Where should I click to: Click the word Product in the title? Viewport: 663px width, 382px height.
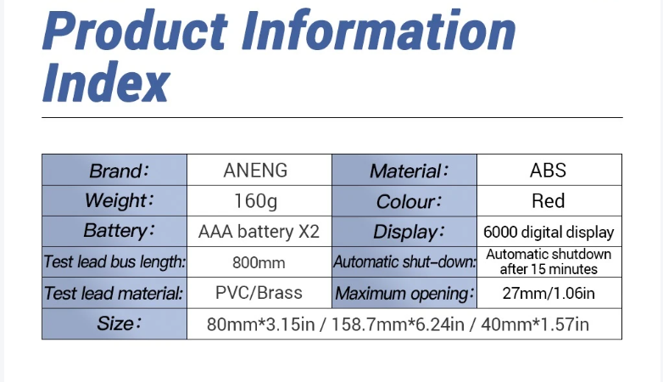pos(135,31)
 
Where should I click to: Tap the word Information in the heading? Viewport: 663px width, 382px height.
pos(379,30)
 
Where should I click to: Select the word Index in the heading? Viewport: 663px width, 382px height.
pos(106,81)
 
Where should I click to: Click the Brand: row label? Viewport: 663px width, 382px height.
pos(120,171)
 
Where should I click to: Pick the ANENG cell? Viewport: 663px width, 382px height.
pos(255,171)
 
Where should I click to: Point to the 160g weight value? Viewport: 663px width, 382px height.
pos(255,200)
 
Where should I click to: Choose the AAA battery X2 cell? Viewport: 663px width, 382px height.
pos(259,232)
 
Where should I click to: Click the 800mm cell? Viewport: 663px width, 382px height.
pos(259,262)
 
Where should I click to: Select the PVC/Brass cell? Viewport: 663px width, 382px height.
pos(259,293)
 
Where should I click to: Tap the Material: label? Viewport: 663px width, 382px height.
pos(409,171)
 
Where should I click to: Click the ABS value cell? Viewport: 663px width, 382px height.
pos(548,171)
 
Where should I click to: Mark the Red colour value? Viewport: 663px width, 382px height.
pos(548,200)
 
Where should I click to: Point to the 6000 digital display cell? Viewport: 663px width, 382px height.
pos(549,232)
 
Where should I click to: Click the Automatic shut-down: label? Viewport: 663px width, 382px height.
pos(404,262)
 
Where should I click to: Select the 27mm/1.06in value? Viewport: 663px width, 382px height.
pos(549,293)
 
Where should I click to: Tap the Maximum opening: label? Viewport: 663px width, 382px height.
pos(404,294)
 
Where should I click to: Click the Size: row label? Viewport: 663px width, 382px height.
pos(119,324)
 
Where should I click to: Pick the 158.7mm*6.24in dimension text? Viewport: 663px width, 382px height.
pos(398,325)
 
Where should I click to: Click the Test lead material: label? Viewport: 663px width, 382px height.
pos(114,293)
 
